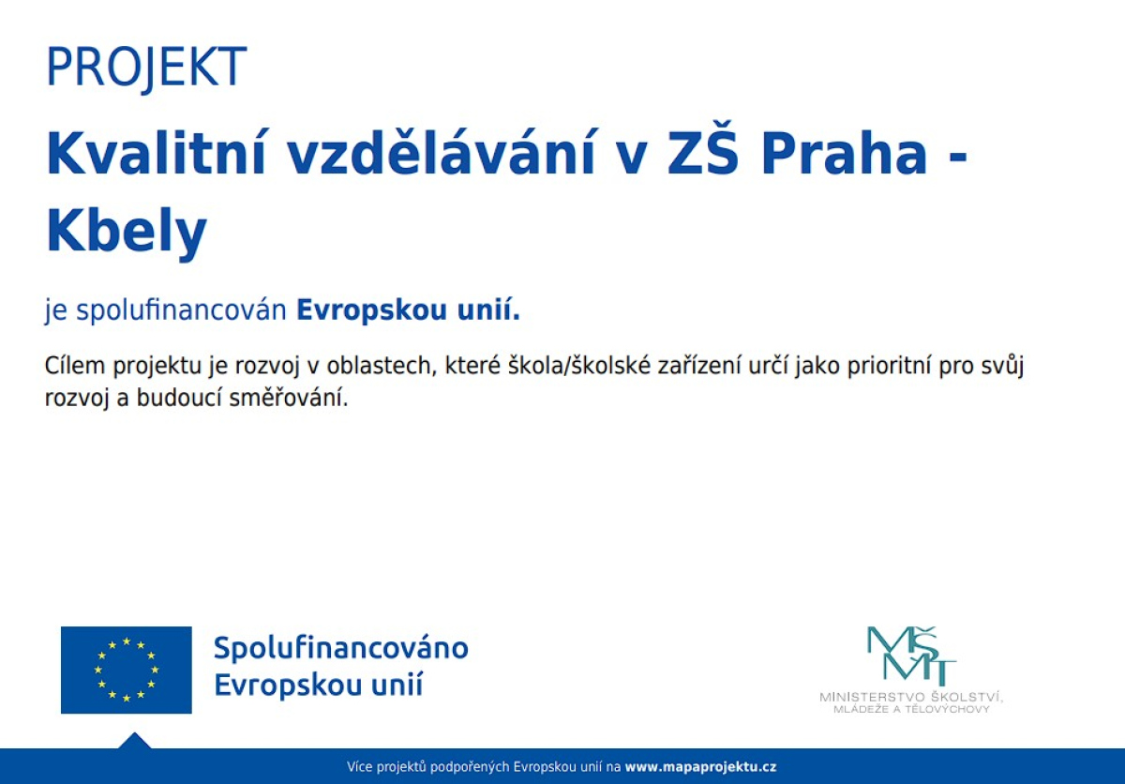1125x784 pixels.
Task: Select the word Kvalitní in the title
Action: (x=156, y=152)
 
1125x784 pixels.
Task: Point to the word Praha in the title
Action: (x=845, y=153)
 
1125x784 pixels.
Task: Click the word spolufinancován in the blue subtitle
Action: (x=181, y=310)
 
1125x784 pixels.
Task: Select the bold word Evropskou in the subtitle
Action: (x=371, y=309)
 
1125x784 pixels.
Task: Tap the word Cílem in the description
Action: (x=74, y=365)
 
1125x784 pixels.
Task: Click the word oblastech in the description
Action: (x=380, y=365)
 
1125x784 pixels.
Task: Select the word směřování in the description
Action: (x=289, y=398)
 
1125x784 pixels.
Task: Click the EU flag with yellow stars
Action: (x=126, y=670)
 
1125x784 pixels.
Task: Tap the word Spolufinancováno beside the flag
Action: (x=341, y=648)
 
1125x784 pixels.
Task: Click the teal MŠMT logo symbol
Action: (x=911, y=656)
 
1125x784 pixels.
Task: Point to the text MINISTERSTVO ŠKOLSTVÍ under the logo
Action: (x=911, y=697)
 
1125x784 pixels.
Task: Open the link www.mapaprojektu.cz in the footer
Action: (x=700, y=767)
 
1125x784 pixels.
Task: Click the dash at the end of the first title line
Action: (x=957, y=158)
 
